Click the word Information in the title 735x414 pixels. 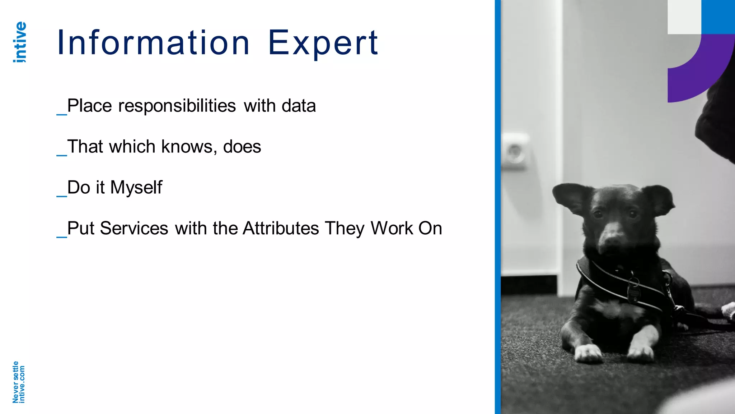tap(153, 43)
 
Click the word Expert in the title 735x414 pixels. tap(323, 43)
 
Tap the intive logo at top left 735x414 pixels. tap(20, 42)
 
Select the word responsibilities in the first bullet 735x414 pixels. tap(177, 106)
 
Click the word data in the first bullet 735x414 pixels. tap(299, 106)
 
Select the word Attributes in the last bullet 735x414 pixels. tap(281, 229)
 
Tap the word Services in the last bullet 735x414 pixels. tap(134, 229)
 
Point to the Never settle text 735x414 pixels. tap(15, 382)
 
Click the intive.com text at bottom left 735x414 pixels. tap(22, 384)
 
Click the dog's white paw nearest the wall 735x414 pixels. tap(588, 353)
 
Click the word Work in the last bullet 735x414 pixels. tap(392, 229)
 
